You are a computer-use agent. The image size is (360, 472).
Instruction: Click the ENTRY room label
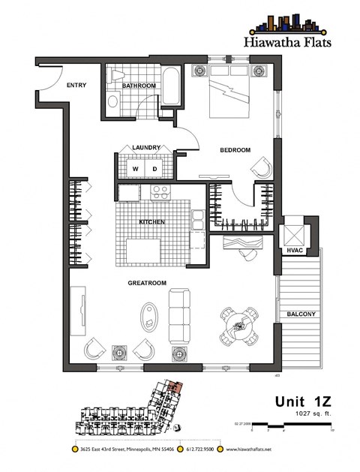pos(76,86)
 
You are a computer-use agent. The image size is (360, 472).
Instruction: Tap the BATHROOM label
pos(140,86)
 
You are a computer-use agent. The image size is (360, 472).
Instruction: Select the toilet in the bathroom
pos(113,101)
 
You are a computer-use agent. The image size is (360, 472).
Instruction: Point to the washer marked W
pos(136,169)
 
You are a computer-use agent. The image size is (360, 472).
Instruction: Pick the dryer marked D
pos(155,169)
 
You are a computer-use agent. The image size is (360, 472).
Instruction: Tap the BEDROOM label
pos(235,150)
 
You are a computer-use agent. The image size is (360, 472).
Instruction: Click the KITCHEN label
pos(151,222)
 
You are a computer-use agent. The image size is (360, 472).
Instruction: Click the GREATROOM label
pos(146,283)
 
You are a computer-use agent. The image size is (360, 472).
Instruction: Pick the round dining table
pos(239,324)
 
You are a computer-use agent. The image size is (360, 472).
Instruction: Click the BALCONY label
pos(299,314)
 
